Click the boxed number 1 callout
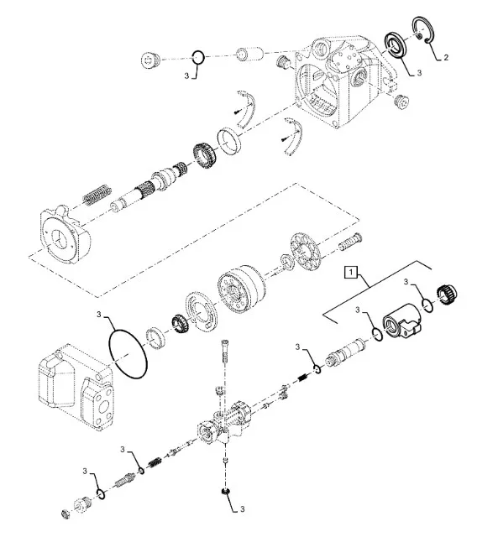350,273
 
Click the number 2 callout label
445,58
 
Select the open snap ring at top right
423,30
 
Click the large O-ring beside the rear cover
128,354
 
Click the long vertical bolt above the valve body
225,352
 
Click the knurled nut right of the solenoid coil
447,295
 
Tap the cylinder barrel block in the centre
242,289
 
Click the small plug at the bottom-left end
66,514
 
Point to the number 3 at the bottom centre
242,509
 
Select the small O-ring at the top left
197,57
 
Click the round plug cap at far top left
150,60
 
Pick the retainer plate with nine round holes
306,251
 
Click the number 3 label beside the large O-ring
99,314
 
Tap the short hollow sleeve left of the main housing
249,55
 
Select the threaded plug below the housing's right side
401,102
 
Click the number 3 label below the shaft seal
419,73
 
